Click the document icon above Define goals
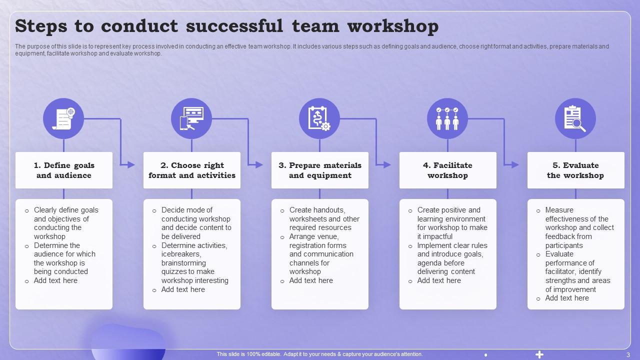point(63,118)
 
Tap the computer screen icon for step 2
point(191,118)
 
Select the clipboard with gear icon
point(319,118)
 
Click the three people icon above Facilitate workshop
point(447,118)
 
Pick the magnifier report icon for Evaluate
point(575,118)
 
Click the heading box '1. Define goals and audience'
point(64,170)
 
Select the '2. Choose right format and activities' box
point(192,170)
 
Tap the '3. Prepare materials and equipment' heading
point(320,170)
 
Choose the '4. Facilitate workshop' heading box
point(448,170)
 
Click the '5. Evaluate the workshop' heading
point(576,170)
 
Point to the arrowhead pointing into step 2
point(131,164)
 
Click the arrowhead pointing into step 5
point(515,164)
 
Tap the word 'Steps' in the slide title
point(42,26)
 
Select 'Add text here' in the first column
point(55,280)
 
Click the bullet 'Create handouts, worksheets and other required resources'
point(324,218)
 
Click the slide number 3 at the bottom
point(628,354)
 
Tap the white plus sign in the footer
point(539,354)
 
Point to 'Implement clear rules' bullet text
point(452,245)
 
